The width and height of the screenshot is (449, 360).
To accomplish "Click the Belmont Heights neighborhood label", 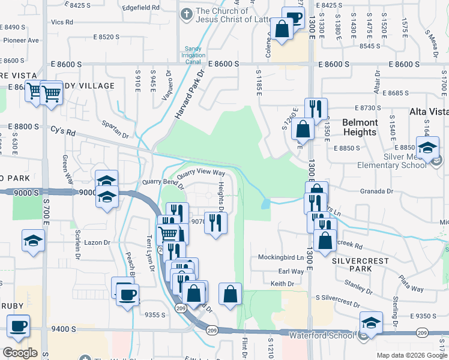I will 360,127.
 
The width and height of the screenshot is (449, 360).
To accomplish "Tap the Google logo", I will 20,353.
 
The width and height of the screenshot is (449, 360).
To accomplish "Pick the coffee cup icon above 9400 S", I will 18,326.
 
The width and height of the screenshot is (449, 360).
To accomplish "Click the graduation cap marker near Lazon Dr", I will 34,241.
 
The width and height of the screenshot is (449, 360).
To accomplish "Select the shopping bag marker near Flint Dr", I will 231,294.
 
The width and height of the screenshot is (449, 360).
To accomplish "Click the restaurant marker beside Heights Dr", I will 216,223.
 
